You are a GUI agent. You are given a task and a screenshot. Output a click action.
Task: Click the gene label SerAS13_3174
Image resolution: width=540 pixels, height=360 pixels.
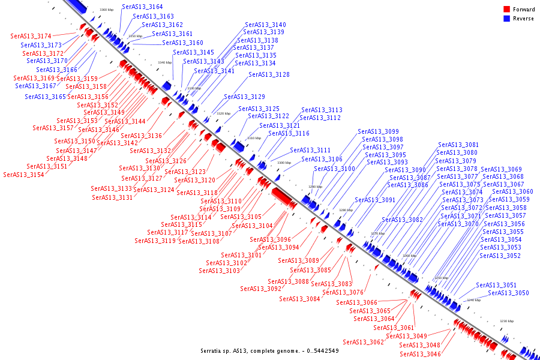point(31,36)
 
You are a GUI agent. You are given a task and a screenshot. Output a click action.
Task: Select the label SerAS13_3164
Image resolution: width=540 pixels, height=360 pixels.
point(142,7)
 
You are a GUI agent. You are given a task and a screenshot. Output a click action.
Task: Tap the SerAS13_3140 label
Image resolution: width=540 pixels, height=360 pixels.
point(265,25)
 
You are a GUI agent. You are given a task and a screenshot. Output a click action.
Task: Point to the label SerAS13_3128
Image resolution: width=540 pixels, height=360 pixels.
point(269,74)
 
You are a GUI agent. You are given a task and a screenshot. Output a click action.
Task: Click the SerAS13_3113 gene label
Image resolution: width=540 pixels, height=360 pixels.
point(322,110)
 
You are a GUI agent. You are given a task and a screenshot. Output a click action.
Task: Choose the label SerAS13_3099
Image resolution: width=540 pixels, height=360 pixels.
point(378,131)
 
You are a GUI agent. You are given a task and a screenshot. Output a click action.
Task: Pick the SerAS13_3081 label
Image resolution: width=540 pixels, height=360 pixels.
point(458,145)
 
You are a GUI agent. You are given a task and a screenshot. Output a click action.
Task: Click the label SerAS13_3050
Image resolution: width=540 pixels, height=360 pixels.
point(508,293)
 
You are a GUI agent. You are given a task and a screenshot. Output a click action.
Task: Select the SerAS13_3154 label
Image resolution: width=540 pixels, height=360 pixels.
point(23,175)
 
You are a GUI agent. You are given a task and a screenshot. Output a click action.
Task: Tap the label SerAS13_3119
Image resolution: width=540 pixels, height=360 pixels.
point(155,241)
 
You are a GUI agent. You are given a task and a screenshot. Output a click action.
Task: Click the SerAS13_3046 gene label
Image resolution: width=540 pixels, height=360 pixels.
point(420,354)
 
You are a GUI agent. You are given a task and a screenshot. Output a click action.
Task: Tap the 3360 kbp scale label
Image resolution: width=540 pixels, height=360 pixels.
point(106,10)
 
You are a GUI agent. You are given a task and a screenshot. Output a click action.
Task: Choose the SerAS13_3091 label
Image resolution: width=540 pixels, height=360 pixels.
point(375,200)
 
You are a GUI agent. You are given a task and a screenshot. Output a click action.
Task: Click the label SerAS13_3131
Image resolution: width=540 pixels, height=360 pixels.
point(112,197)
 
